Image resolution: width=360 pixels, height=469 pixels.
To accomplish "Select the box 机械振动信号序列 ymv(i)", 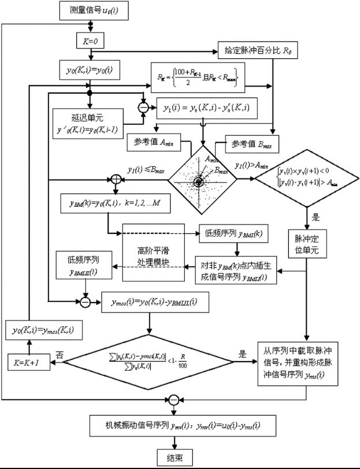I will pos(172,427).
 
